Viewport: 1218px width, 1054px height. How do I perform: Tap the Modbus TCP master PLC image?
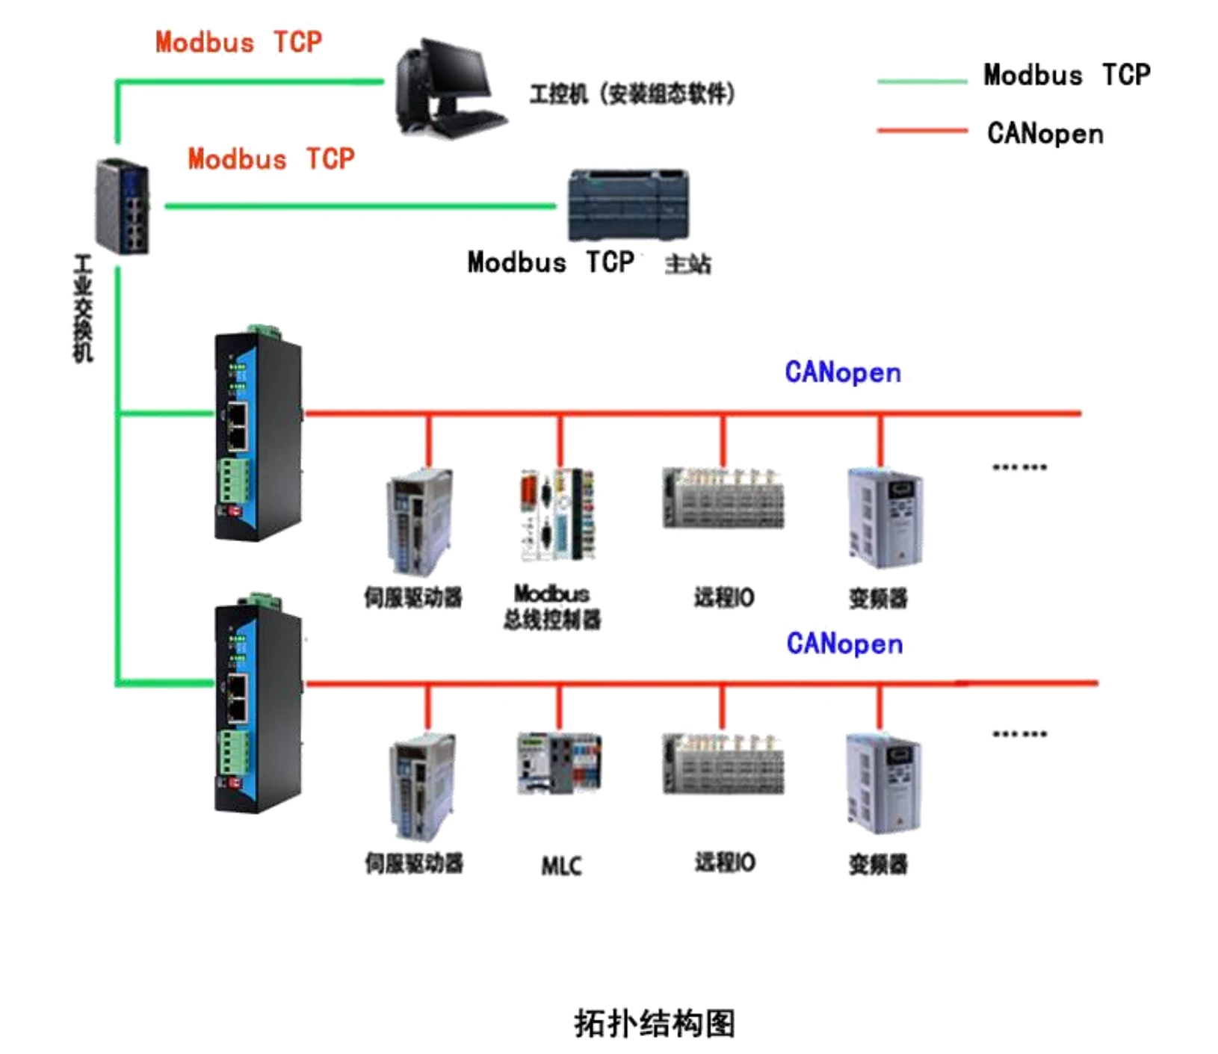pyautogui.click(x=628, y=205)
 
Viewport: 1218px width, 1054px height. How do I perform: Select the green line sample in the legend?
pyautogui.click(x=921, y=81)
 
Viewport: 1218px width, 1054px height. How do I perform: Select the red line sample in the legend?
pyautogui.click(x=921, y=131)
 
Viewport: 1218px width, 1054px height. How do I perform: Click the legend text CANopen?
pyautogui.click(x=1045, y=134)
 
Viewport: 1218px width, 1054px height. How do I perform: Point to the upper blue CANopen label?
pyautogui.click(x=842, y=372)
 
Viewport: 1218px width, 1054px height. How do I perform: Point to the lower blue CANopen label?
pyautogui.click(x=844, y=644)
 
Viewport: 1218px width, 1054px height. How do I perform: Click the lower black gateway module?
pyautogui.click(x=259, y=706)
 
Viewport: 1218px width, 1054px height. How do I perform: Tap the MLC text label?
pyautogui.click(x=561, y=866)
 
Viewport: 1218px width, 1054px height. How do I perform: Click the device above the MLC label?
pyautogui.click(x=559, y=763)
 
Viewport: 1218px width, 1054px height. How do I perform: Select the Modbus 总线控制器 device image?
pyautogui.click(x=557, y=514)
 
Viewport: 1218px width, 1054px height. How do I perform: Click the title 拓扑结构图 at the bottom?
pyautogui.click(x=655, y=1023)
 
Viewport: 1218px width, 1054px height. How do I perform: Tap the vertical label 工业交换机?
pyautogui.click(x=83, y=308)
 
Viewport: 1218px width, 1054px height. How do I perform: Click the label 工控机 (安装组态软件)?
pyautogui.click(x=632, y=94)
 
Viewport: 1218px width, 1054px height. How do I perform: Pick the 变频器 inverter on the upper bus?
pyautogui.click(x=884, y=518)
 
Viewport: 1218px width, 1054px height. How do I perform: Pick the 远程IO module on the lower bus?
pyautogui.click(x=723, y=764)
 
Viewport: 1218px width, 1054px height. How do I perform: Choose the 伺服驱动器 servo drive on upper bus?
pyautogui.click(x=419, y=521)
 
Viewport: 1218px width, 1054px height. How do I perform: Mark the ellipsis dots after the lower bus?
pyautogui.click(x=1019, y=734)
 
